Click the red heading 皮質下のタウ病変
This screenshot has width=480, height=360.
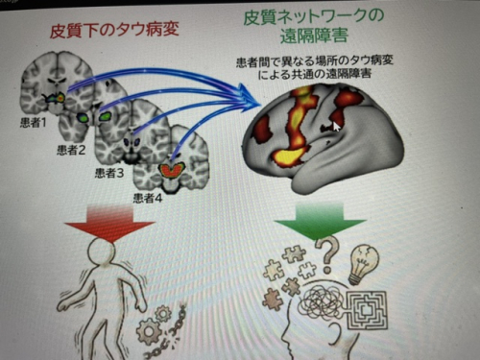pyautogui.click(x=114, y=31)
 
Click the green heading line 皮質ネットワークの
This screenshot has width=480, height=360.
pyautogui.click(x=313, y=16)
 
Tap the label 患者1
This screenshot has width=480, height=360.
pyautogui.click(x=34, y=123)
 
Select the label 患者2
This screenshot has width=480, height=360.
pyautogui.click(x=71, y=150)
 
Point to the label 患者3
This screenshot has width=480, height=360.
pyautogui.click(x=109, y=173)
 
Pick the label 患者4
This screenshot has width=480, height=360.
pyautogui.click(x=148, y=199)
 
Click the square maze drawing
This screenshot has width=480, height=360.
pyautogui.click(x=368, y=309)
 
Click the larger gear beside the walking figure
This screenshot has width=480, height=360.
pyautogui.click(x=148, y=331)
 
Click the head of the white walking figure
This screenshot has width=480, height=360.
pyautogui.click(x=102, y=252)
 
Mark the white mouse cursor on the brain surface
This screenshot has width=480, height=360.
pyautogui.click(x=336, y=127)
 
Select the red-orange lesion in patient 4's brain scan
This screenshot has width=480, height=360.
pyautogui.click(x=172, y=170)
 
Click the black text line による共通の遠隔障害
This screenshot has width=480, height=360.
pyautogui.click(x=315, y=74)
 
